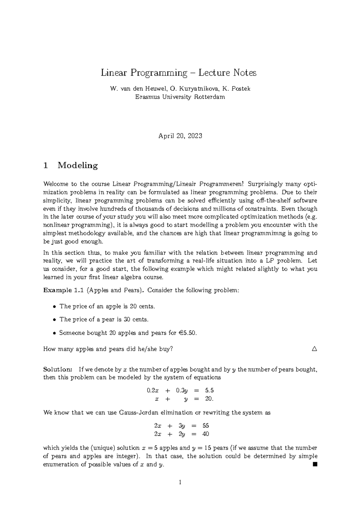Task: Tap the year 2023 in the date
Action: [x=195, y=136]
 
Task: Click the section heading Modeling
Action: [x=78, y=165]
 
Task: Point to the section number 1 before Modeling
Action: [x=46, y=165]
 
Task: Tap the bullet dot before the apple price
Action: [x=54, y=307]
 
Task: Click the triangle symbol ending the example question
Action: [x=314, y=349]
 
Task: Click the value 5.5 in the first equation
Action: [x=209, y=391]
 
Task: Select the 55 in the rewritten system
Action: [x=206, y=426]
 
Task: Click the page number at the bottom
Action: [x=180, y=482]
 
